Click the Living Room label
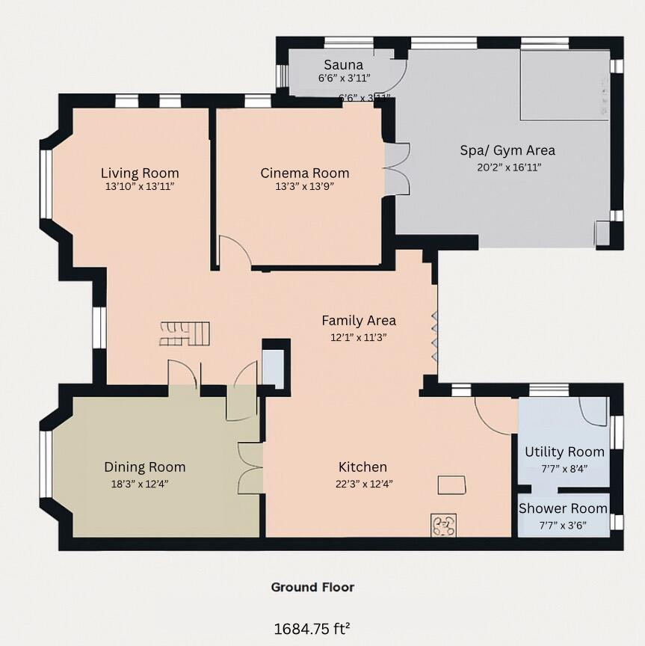[140, 173]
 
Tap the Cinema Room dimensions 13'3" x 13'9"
[305, 187]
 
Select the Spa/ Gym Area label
[507, 150]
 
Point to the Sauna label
[344, 64]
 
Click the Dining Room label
[144, 467]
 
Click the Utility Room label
[564, 452]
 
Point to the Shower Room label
[564, 508]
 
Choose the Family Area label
[359, 321]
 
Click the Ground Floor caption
[312, 587]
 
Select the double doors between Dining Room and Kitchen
[250, 467]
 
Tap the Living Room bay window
[46, 184]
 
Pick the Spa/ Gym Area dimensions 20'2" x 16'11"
[508, 167]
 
